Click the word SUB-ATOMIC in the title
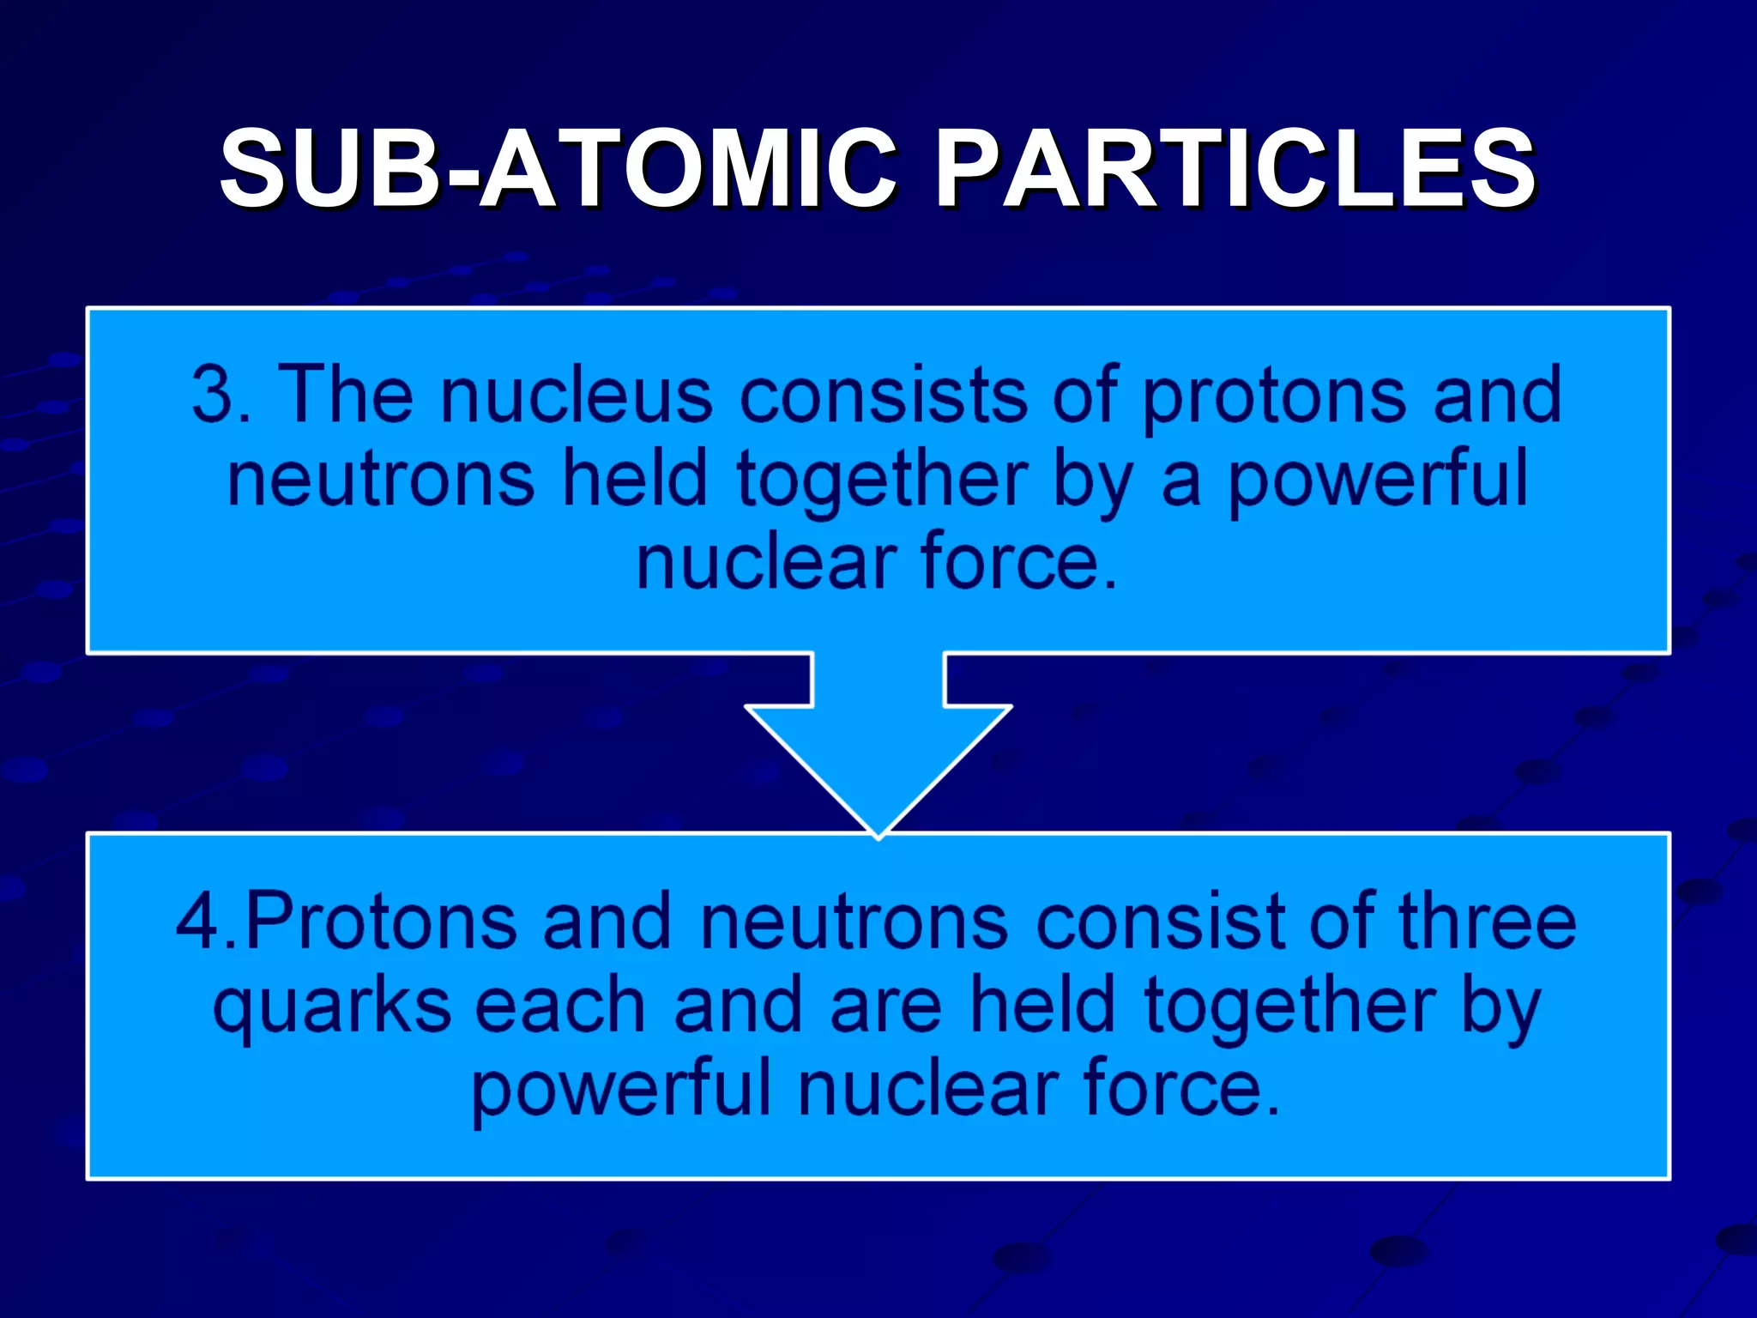click(x=558, y=169)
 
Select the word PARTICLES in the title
click(x=1235, y=169)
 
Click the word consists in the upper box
click(x=884, y=395)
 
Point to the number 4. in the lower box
click(x=206, y=922)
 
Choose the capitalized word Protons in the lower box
click(x=382, y=922)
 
